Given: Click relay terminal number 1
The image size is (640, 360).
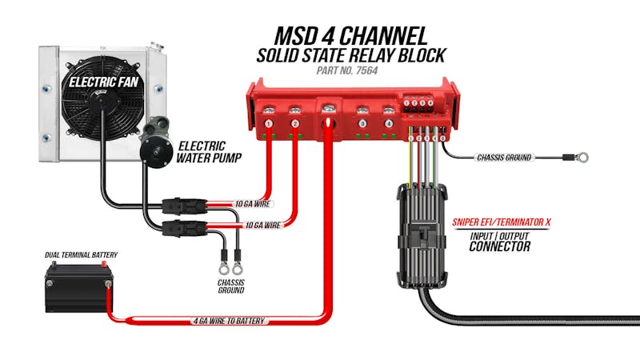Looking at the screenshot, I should [x=270, y=124].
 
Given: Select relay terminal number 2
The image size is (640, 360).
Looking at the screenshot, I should [x=295, y=124].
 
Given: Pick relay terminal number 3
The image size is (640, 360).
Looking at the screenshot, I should [x=363, y=124].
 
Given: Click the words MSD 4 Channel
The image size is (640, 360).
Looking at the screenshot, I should [x=350, y=36].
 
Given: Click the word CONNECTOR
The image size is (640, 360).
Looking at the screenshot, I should [x=500, y=246].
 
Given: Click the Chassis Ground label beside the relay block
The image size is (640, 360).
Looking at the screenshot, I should [x=504, y=158].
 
